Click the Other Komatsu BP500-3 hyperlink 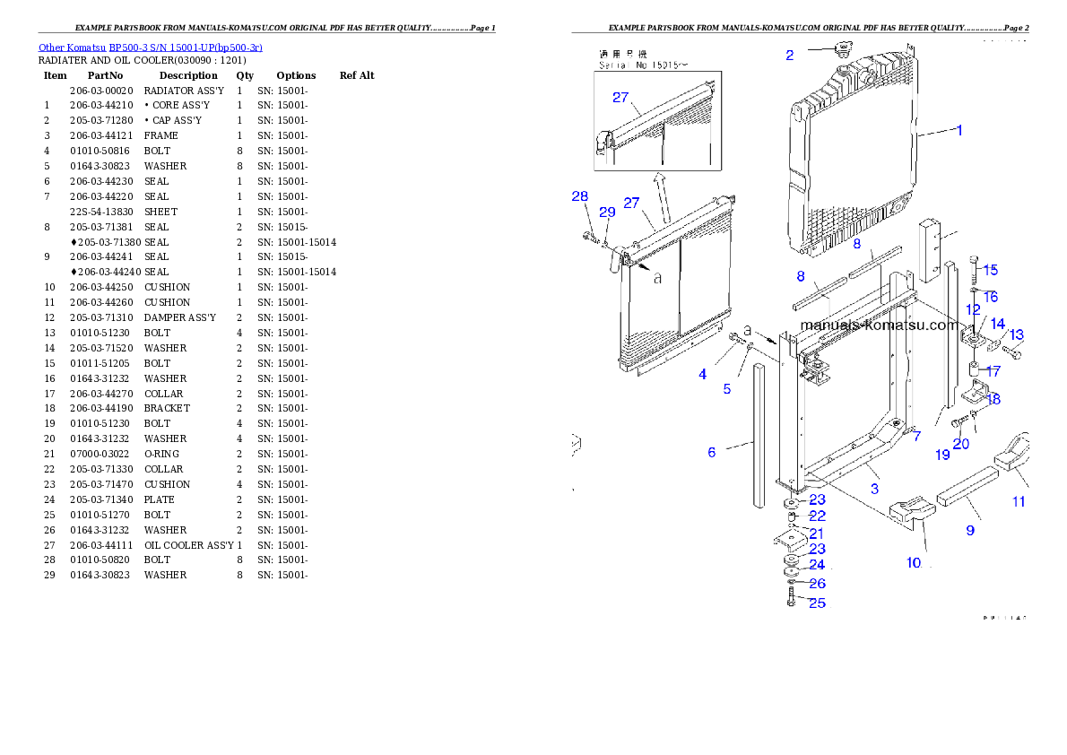point(150,47)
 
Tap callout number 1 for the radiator point(959,130)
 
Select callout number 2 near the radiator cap point(789,55)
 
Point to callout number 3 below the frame point(874,489)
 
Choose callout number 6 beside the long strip point(712,452)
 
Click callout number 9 point(969,530)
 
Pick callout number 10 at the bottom point(914,563)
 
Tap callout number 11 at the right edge point(1019,501)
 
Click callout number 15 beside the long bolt point(990,270)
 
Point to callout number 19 point(942,455)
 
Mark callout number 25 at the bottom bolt point(817,603)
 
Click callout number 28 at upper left point(580,196)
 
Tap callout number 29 point(607,212)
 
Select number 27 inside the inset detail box point(620,98)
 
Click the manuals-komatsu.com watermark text point(878,325)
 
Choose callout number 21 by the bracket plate point(817,534)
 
